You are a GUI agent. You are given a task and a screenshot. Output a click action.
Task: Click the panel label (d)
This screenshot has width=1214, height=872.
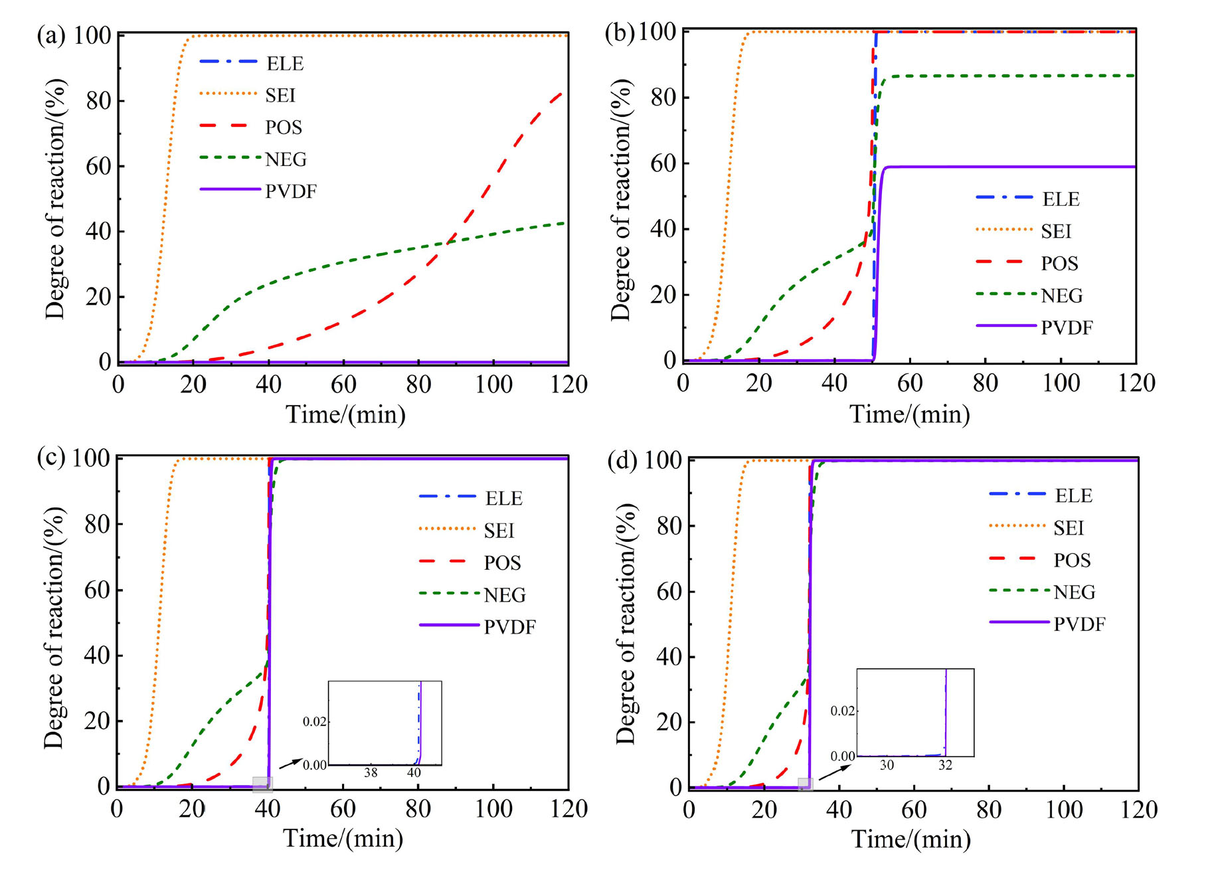pyautogui.click(x=622, y=460)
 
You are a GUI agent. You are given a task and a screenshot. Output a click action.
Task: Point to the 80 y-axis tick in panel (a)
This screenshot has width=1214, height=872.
pyautogui.click(x=98, y=100)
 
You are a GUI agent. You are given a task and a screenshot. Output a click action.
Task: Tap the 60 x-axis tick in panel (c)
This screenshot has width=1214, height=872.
pyautogui.click(x=343, y=809)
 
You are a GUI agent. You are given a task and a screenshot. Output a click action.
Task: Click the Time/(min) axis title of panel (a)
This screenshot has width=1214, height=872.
pyautogui.click(x=345, y=414)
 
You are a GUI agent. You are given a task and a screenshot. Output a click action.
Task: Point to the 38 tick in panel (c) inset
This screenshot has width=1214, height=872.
pyautogui.click(x=371, y=773)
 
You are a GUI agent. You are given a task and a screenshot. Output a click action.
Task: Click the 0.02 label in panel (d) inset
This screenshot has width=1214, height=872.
pyautogui.click(x=843, y=711)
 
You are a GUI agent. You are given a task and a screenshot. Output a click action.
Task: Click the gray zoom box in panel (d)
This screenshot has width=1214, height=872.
pyautogui.click(x=805, y=784)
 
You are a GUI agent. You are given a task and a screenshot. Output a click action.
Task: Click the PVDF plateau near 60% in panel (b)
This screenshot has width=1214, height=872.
pyautogui.click(x=996, y=167)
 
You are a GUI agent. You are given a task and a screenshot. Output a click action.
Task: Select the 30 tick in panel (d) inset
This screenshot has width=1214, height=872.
pyautogui.click(x=887, y=765)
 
